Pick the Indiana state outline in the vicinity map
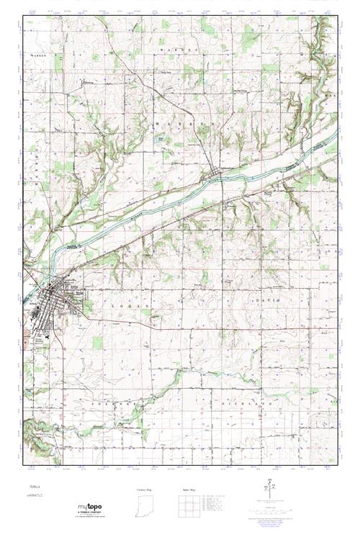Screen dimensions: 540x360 [x=145, y=507]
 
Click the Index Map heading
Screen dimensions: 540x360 [x=190, y=489]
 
